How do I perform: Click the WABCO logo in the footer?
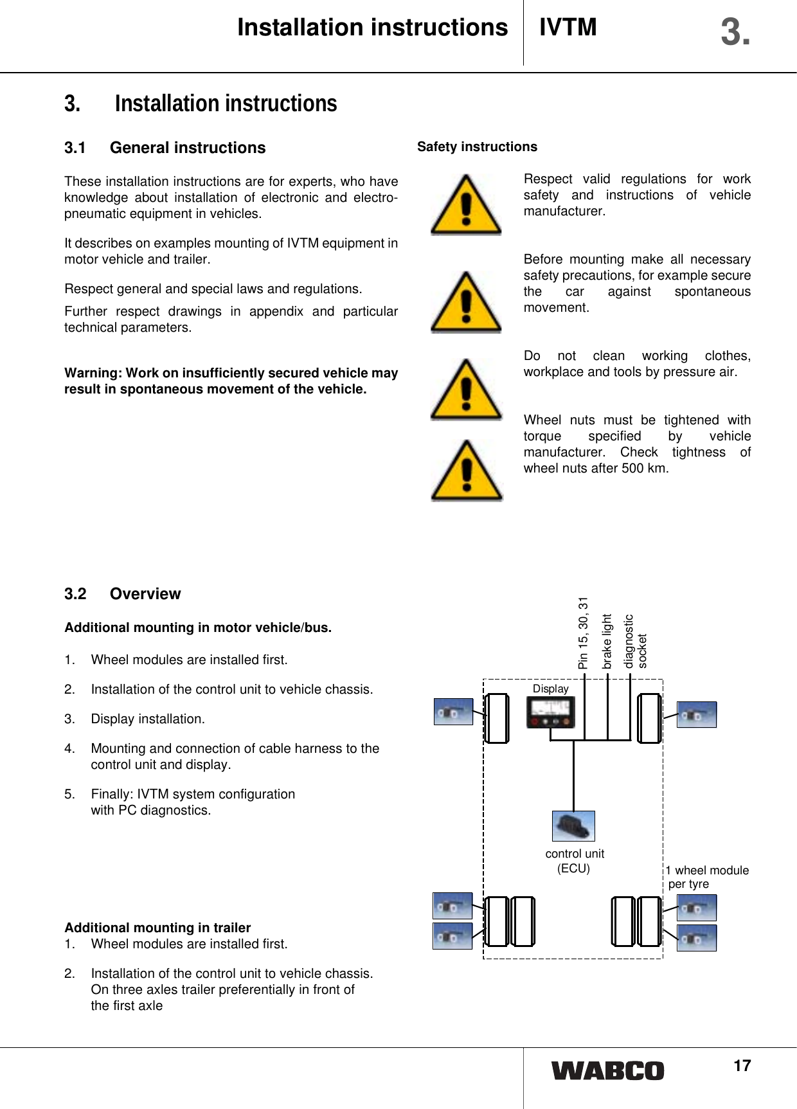point(607,1071)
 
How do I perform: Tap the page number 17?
point(742,1066)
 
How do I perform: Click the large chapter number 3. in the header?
point(735,32)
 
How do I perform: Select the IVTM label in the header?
point(568,28)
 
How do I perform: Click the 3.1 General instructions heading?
point(165,148)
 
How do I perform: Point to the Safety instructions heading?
point(477,147)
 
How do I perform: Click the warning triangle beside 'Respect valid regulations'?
point(465,204)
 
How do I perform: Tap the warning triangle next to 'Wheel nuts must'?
point(466,471)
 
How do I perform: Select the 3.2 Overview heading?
point(122,593)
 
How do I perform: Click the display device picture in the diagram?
point(550,712)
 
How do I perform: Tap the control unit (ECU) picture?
point(573,826)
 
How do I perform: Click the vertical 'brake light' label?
point(607,641)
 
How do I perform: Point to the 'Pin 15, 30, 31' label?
point(583,633)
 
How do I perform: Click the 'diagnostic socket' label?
point(635,641)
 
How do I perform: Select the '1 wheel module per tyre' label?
point(706,877)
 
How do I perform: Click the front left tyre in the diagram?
point(496,718)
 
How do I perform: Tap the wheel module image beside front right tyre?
point(696,714)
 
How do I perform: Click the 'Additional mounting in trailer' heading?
point(157,927)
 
